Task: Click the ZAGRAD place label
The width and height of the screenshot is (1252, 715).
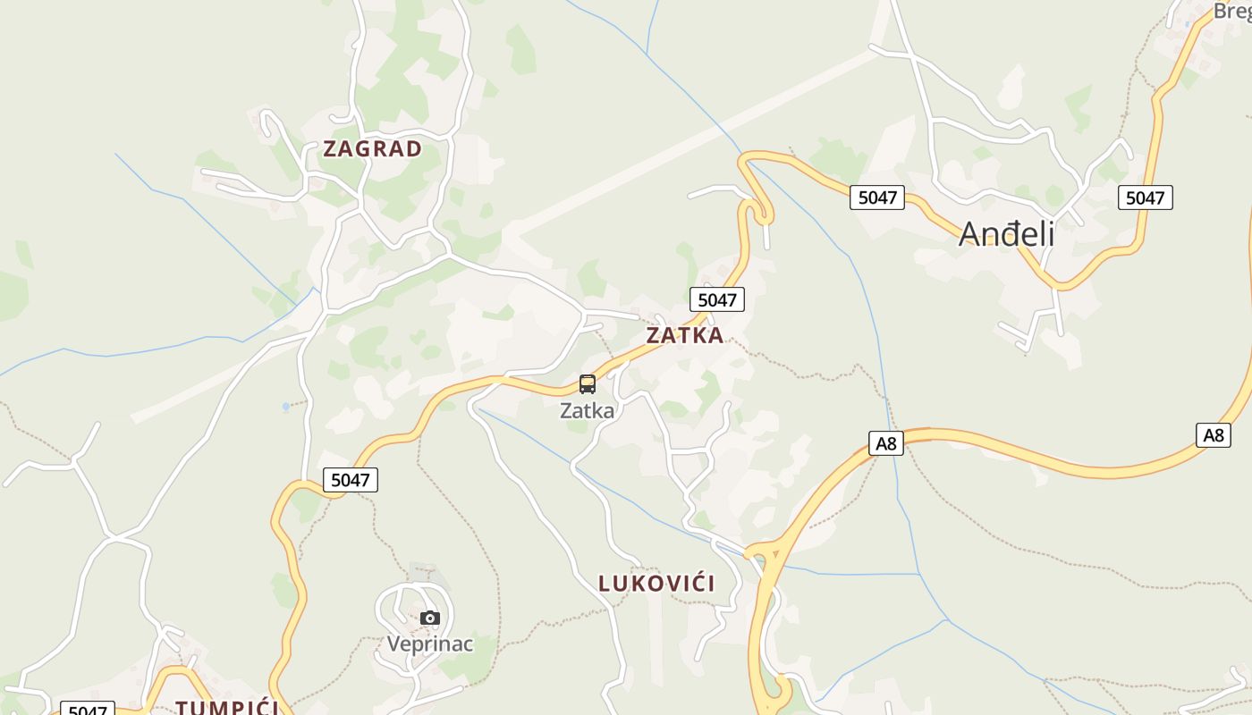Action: pyautogui.click(x=372, y=149)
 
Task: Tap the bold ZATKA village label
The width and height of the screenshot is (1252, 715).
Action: pyautogui.click(x=684, y=336)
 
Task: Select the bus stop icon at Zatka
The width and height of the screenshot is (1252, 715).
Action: pyautogui.click(x=588, y=384)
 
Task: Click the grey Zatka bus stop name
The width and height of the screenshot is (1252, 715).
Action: pyautogui.click(x=588, y=411)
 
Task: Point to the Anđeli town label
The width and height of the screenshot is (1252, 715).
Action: pyautogui.click(x=1006, y=234)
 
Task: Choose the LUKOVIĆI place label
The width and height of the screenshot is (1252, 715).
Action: pyautogui.click(x=656, y=585)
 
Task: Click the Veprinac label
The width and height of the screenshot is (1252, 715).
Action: pyautogui.click(x=429, y=644)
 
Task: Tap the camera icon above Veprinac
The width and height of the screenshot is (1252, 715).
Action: pyautogui.click(x=430, y=618)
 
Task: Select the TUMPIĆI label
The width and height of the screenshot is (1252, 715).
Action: pyautogui.click(x=227, y=708)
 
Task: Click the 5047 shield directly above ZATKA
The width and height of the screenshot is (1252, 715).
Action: pyautogui.click(x=717, y=300)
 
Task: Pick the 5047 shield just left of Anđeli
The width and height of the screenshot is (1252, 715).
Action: pyautogui.click(x=877, y=198)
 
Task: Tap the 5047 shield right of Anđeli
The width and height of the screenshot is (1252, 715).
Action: pyautogui.click(x=1145, y=198)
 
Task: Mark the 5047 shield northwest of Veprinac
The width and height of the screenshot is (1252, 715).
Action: pyautogui.click(x=351, y=480)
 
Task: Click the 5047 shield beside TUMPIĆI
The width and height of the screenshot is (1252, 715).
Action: pyautogui.click(x=88, y=710)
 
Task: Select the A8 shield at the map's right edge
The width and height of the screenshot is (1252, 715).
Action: pyautogui.click(x=1213, y=435)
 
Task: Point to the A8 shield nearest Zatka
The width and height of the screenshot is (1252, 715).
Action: pyautogui.click(x=885, y=443)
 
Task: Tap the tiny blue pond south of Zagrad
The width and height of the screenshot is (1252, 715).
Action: pyautogui.click(x=286, y=407)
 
